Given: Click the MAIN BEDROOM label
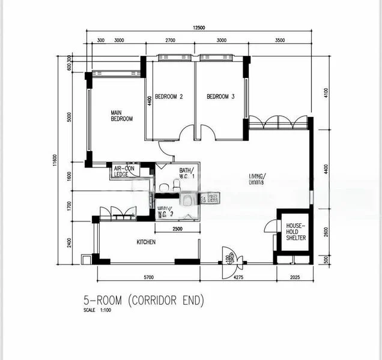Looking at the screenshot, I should [121, 115].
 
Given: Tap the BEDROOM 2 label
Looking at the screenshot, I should [169, 97].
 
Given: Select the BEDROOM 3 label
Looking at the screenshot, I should [220, 97].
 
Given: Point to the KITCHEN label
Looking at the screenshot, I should [146, 242].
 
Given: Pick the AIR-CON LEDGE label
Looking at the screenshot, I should [125, 172].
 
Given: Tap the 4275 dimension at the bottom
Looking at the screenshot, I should [238, 277].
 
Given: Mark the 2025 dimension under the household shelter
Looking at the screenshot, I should [295, 277].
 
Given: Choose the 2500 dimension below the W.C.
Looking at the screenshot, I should [177, 229].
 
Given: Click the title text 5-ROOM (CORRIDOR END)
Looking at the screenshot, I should [144, 301].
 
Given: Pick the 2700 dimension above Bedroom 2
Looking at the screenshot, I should [170, 40].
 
